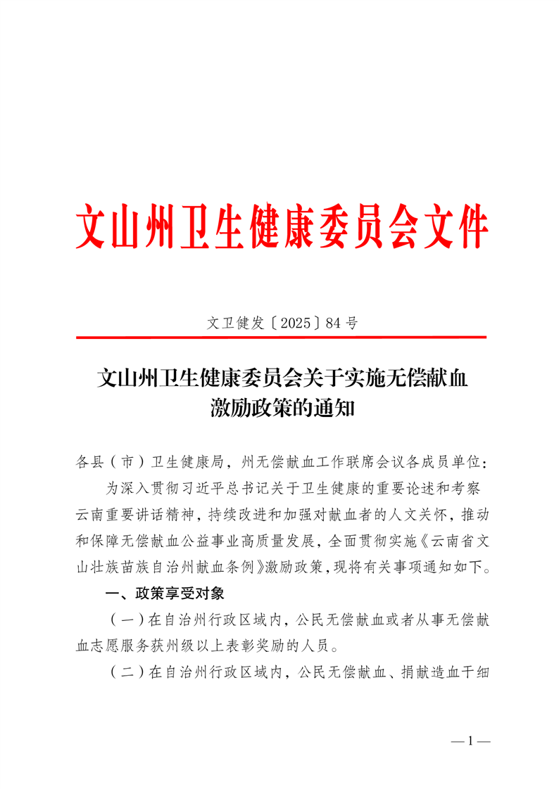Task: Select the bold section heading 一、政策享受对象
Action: coord(164,594)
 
